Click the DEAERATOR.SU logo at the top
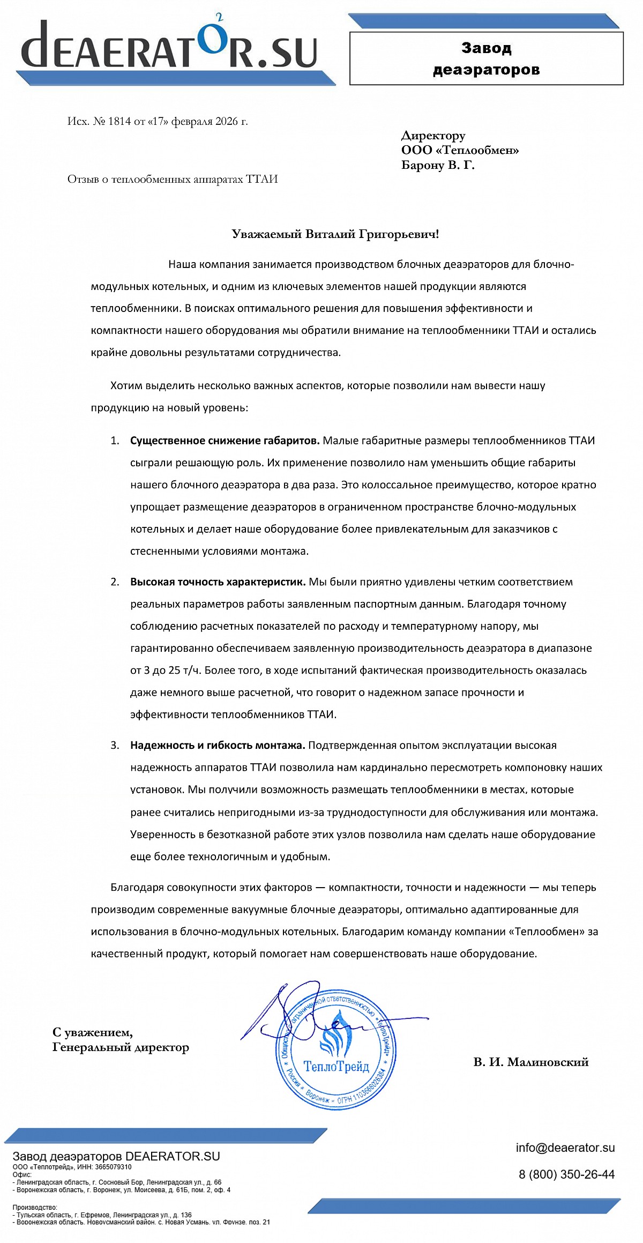pos(169,46)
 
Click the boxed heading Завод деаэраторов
pos(486,59)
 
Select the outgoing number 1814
pos(119,121)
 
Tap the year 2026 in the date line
pos(226,121)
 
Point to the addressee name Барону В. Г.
pos(438,165)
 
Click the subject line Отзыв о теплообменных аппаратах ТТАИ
pos(173,179)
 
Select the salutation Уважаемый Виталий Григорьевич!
pos(335,234)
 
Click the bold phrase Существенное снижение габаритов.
pos(225,441)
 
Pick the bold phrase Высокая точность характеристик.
pos(218,582)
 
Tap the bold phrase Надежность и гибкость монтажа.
pos(217,746)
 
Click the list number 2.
pos(115,582)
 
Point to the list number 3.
pos(115,746)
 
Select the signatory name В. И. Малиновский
pos(530,1062)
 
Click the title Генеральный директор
pos(121,1047)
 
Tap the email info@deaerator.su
pos(565,1148)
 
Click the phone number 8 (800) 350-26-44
pos(566,1174)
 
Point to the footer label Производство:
pos(35,1207)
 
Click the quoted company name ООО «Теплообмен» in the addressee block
pos(460,151)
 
